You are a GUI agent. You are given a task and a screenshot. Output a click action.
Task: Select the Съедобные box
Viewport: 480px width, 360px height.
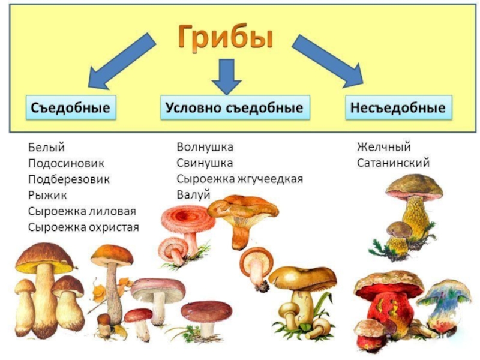(70, 108)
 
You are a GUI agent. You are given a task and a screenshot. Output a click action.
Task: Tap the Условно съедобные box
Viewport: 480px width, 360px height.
(235, 108)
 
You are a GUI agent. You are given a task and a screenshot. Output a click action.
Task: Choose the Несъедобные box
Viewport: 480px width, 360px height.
(398, 108)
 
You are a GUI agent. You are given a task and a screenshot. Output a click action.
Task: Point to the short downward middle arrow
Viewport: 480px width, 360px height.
(227, 75)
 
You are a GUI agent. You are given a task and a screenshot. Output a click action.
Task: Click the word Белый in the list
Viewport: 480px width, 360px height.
(46, 147)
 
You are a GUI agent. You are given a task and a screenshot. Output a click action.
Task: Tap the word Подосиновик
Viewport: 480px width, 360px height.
(65, 163)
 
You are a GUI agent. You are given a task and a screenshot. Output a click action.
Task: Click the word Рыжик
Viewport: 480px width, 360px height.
(47, 195)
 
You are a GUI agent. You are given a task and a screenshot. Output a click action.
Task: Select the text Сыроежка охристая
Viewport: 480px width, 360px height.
(83, 227)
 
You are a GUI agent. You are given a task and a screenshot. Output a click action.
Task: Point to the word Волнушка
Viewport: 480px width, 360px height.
(205, 147)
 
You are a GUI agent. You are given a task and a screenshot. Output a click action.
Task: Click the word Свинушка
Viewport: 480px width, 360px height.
(204, 163)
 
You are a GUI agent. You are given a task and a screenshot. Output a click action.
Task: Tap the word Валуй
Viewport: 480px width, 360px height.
(191, 194)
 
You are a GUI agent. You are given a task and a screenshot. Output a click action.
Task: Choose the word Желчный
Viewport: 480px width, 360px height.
(383, 147)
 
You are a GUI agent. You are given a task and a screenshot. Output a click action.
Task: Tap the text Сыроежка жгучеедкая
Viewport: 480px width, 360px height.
(239, 179)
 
